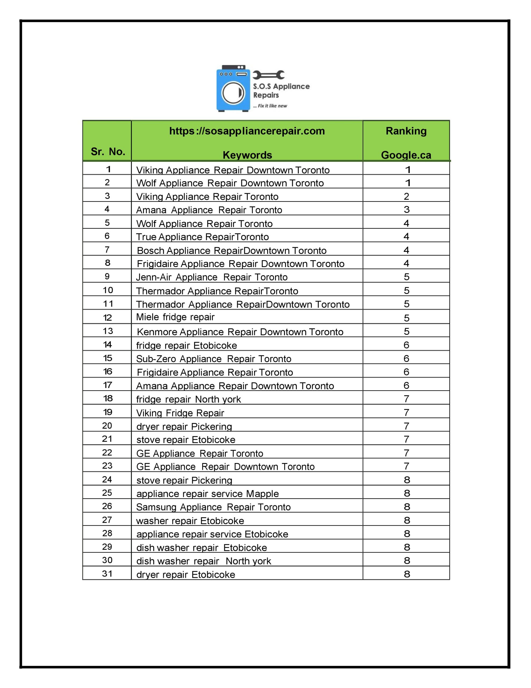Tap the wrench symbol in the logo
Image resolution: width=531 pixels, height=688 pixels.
268,75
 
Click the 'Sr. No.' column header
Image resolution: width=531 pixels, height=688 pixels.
108,152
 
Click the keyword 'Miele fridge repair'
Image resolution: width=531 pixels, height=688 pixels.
175,317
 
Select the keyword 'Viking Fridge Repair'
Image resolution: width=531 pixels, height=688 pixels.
180,413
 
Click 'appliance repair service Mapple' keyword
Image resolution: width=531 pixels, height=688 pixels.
208,493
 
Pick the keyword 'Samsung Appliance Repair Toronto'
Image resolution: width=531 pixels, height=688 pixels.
213,507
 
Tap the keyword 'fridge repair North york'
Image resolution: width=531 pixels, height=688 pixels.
188,399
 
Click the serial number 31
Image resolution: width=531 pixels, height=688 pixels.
107,574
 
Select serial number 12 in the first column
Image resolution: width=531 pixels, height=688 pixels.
107,318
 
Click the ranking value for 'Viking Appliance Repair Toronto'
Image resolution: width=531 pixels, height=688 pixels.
406,196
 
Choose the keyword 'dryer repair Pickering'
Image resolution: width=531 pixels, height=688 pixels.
184,426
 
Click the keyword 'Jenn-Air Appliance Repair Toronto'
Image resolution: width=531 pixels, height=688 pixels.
212,277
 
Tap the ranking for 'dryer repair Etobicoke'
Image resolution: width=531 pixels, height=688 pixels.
407,574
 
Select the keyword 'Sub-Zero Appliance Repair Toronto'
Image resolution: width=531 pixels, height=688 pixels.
213,359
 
